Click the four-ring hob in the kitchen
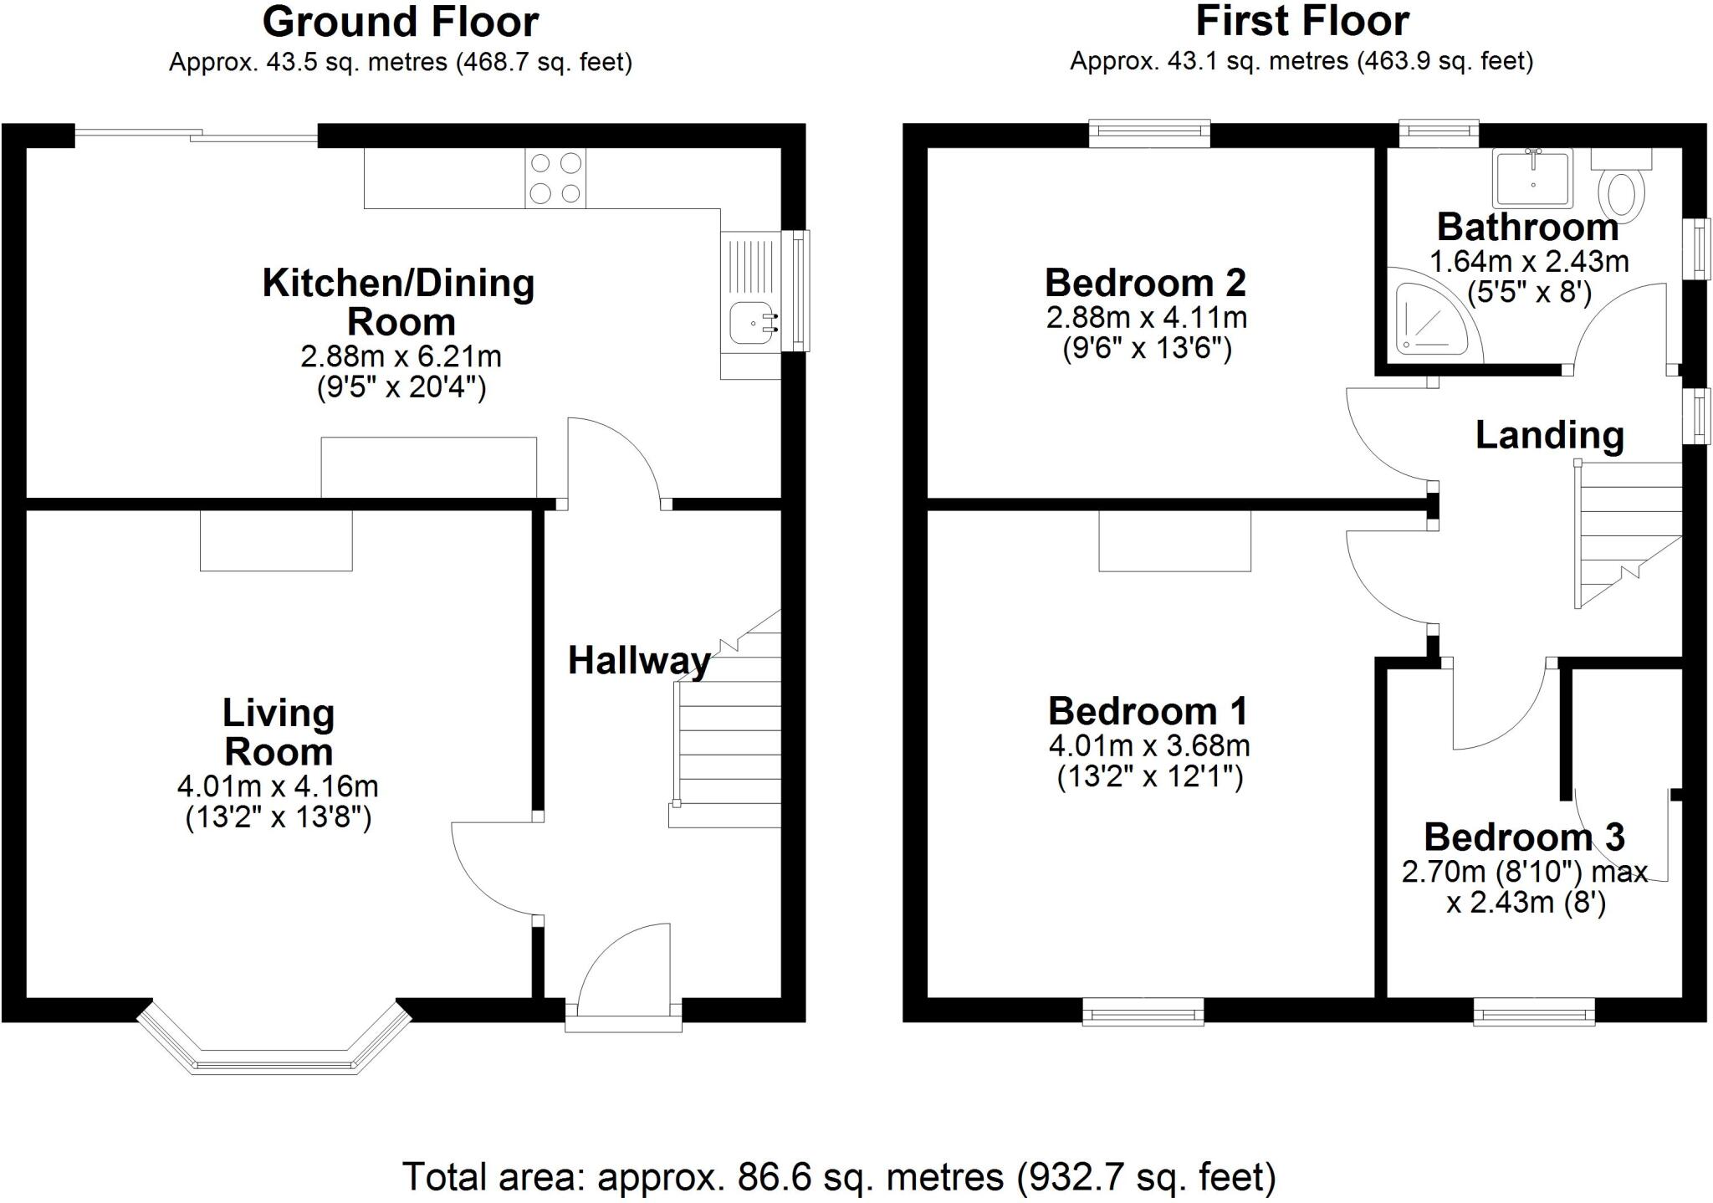(555, 177)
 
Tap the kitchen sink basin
(751, 323)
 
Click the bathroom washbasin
(1532, 177)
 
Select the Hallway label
(639, 661)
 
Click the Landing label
(1549, 435)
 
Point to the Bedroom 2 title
(1145, 283)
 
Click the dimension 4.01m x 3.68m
(1148, 745)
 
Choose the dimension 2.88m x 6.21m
(401, 357)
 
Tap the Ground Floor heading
(400, 23)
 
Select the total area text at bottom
(839, 1176)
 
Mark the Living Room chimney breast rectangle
(276, 540)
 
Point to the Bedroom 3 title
(1524, 837)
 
